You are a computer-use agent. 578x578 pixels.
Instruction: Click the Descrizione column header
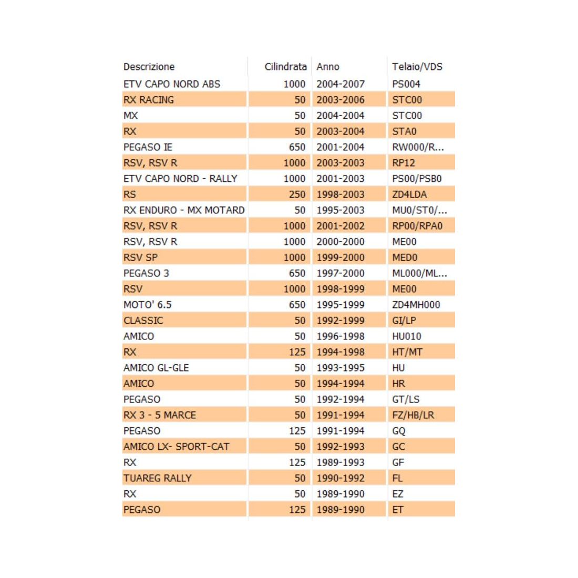coord(149,67)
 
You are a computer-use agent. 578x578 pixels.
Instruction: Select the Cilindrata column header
coord(285,67)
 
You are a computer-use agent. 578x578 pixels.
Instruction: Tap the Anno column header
coord(328,67)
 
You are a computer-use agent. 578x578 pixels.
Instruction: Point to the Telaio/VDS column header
coord(417,67)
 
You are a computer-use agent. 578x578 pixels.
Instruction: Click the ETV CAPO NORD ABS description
coord(172,84)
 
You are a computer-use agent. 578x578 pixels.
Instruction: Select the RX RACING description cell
coord(149,100)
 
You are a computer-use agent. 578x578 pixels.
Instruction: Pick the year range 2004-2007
coord(340,84)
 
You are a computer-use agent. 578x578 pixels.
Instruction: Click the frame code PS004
coord(406,84)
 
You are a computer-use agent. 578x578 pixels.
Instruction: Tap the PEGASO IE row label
coord(148,147)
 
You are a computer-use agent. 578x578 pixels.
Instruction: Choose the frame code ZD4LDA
coord(409,194)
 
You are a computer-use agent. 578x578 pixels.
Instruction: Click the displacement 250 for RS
coord(297,194)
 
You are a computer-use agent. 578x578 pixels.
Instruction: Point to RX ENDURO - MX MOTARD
coord(184,210)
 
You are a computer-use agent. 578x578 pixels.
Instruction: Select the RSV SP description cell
coord(140,257)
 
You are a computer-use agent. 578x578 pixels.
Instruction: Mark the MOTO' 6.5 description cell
coord(148,305)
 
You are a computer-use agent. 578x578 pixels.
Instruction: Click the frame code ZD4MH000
coord(416,305)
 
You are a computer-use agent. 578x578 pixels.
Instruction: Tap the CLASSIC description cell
coord(143,321)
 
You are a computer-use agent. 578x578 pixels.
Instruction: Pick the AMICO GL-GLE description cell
coord(156,368)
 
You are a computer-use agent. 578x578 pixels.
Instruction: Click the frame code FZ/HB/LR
coord(413,415)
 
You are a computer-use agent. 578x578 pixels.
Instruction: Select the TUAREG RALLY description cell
coord(158,478)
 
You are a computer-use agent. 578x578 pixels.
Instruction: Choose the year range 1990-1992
coord(340,478)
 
